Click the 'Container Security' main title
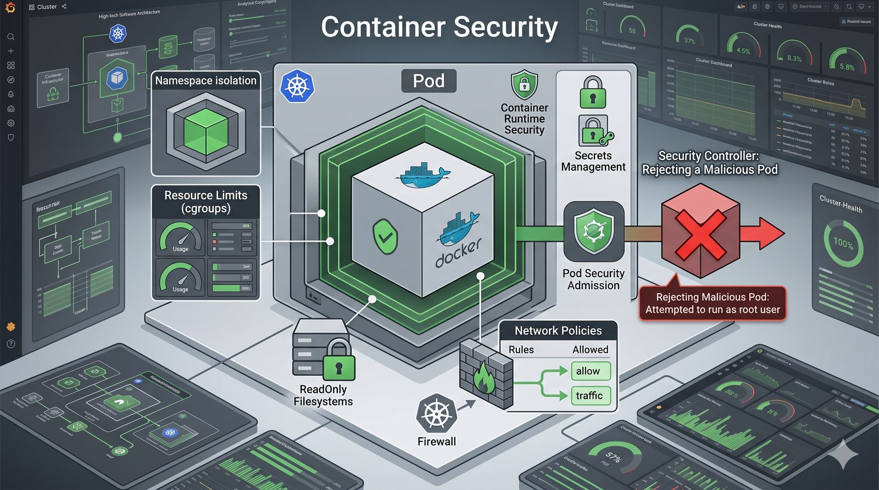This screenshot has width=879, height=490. (x=439, y=27)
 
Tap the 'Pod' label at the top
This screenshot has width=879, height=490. (x=429, y=81)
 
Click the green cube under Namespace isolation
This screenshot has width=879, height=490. (x=206, y=131)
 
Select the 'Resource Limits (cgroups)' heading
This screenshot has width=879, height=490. (x=205, y=201)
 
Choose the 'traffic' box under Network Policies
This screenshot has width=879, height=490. (x=590, y=396)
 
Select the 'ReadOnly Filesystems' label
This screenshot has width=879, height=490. (x=323, y=395)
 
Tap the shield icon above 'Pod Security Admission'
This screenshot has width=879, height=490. (x=593, y=231)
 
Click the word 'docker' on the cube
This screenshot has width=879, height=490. (x=459, y=253)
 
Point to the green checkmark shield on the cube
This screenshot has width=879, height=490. (x=386, y=236)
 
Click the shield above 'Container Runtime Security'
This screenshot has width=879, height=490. (x=525, y=85)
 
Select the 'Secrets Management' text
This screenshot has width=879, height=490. (x=593, y=161)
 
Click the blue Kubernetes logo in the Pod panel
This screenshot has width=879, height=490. (x=297, y=87)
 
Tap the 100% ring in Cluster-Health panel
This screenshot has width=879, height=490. (x=843, y=243)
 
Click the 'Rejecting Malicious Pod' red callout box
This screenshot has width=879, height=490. (x=713, y=303)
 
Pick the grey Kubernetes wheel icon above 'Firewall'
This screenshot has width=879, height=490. (x=437, y=413)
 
